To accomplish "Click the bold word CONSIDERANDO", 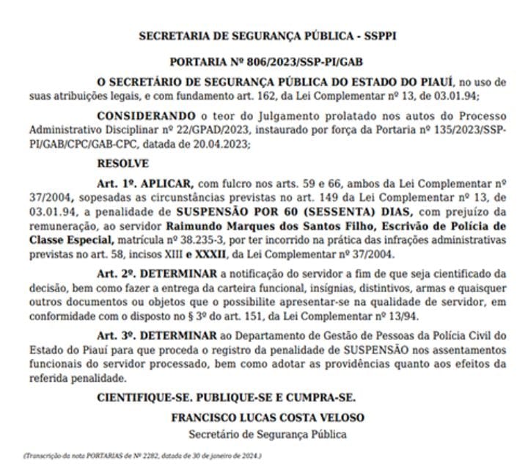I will point(147,116).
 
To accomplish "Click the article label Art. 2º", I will point(117,274).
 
